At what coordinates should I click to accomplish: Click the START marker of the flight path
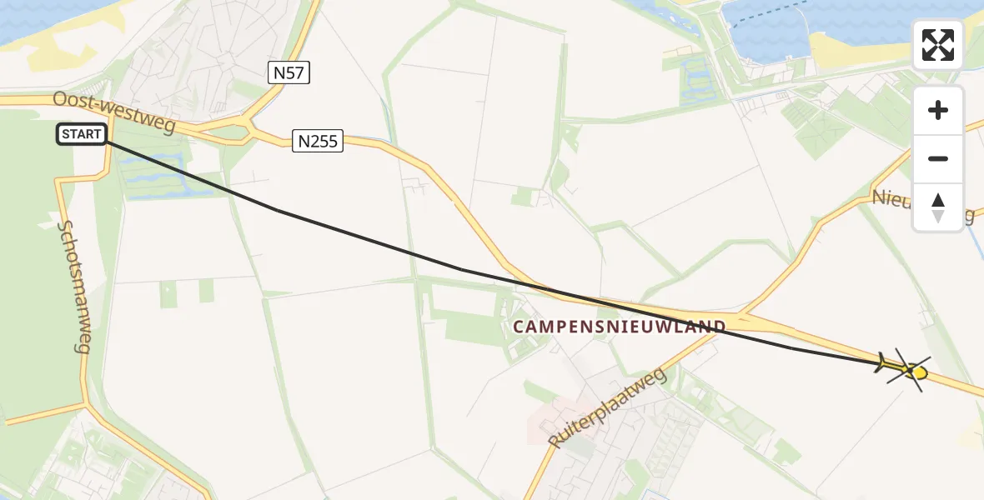[x=82, y=134]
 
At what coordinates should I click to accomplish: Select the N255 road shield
[x=318, y=142]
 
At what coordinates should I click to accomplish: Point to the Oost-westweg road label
[x=113, y=112]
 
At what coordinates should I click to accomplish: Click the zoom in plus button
[x=938, y=110]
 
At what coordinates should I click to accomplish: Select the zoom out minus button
[x=938, y=158]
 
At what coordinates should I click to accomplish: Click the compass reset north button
[x=938, y=207]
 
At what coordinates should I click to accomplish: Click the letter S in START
[x=66, y=134]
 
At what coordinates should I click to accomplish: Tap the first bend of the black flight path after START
[x=278, y=211]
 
